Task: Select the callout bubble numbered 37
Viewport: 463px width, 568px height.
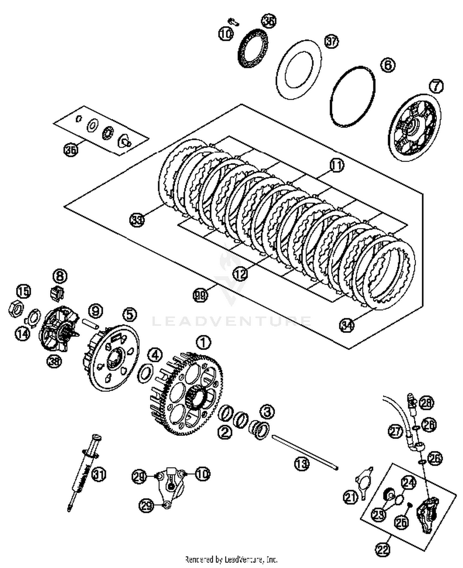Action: (332, 41)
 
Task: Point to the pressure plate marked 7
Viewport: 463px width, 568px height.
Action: (414, 127)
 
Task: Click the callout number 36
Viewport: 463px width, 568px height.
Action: (71, 150)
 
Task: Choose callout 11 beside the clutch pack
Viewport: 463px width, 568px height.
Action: (336, 166)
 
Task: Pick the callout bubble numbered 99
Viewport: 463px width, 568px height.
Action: (200, 295)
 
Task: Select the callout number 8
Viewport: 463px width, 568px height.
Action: (60, 276)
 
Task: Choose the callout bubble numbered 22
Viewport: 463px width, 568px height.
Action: (383, 549)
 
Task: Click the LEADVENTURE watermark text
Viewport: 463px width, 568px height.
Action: (231, 321)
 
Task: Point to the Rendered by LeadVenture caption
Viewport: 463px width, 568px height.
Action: (231, 559)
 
